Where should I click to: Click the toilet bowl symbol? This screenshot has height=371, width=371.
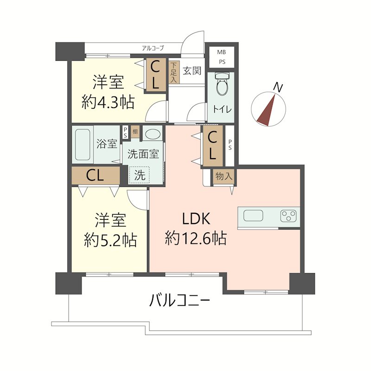click(x=222, y=84)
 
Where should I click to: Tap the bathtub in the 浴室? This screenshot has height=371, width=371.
click(x=83, y=145)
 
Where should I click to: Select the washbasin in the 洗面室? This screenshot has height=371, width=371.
click(x=153, y=134)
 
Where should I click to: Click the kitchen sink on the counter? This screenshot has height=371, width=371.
click(x=253, y=216)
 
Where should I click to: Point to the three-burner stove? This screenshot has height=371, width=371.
click(x=288, y=216)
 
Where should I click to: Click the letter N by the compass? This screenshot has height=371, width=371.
click(x=278, y=88)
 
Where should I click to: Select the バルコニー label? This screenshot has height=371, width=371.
click(x=179, y=301)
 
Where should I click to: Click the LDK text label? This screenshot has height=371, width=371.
click(x=196, y=218)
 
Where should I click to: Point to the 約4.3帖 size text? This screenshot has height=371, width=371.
click(x=108, y=102)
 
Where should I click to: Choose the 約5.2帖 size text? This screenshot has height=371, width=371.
click(x=110, y=240)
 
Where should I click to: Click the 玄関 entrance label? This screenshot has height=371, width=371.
click(x=192, y=70)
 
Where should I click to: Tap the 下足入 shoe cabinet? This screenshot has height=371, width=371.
click(x=173, y=72)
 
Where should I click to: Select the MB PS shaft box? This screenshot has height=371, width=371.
click(x=222, y=57)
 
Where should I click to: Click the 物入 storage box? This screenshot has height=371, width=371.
click(x=224, y=176)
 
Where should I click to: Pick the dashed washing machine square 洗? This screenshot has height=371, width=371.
click(x=139, y=175)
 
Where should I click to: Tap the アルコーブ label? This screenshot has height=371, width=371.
click(x=153, y=48)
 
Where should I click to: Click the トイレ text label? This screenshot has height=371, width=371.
click(x=222, y=109)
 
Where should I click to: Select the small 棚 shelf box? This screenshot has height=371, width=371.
click(x=135, y=132)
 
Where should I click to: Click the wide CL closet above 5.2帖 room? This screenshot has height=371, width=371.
click(x=96, y=175)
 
